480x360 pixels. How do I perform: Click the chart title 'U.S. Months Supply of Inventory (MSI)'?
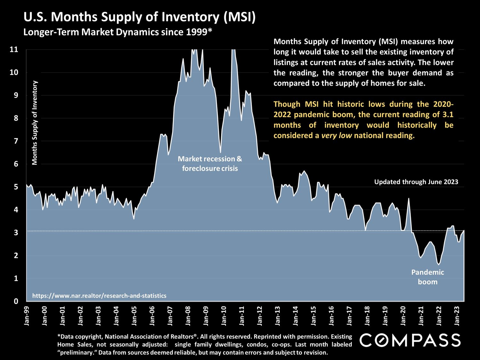(140, 17)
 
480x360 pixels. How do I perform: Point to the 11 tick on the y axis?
(14, 50)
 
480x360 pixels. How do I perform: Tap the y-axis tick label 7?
(16, 141)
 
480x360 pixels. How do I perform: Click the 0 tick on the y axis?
(16, 301)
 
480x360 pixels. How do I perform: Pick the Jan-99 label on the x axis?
(27, 316)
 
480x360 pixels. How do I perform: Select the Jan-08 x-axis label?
(188, 316)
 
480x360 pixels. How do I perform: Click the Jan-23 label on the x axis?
(458, 316)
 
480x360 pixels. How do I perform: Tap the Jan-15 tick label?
(314, 316)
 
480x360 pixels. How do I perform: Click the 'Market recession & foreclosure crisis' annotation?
(210, 164)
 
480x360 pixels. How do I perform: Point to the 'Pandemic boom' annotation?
(428, 277)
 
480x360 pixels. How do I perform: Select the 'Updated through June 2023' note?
(416, 182)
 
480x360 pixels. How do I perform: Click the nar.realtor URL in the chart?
(99, 296)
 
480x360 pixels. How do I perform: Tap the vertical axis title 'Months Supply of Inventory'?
(35, 123)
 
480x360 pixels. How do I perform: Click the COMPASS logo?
(410, 340)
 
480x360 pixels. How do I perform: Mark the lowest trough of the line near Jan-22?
(438, 264)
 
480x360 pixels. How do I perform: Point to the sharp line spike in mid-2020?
(409, 199)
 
